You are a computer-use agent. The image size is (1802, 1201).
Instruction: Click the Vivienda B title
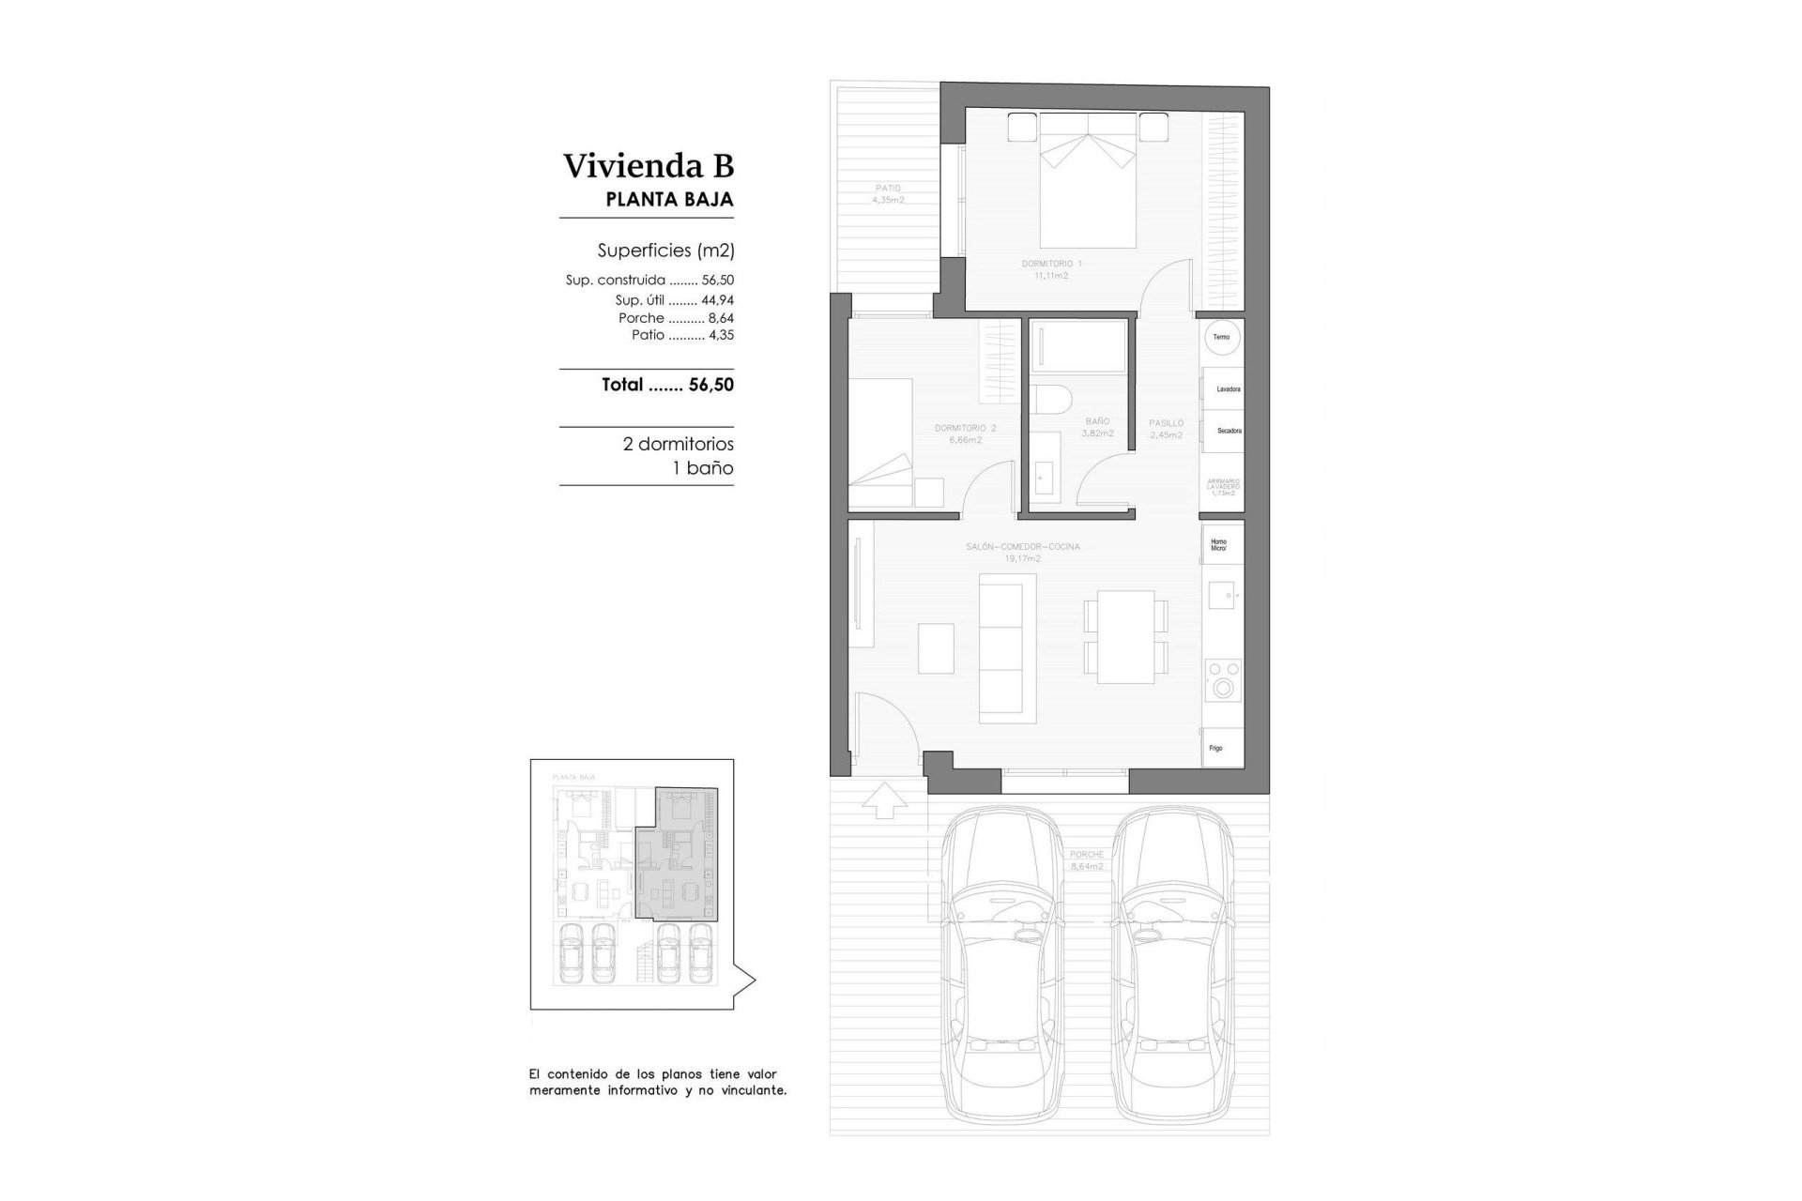click(x=648, y=166)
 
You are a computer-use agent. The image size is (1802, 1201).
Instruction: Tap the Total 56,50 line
click(x=667, y=385)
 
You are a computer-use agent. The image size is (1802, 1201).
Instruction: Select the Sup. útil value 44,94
click(x=717, y=301)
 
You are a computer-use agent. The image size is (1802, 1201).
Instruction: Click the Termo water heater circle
click(x=1221, y=337)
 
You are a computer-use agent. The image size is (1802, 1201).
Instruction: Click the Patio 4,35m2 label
click(x=887, y=193)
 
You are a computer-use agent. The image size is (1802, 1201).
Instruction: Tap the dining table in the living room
click(x=1125, y=636)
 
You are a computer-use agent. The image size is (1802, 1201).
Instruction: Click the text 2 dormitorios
click(x=678, y=444)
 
